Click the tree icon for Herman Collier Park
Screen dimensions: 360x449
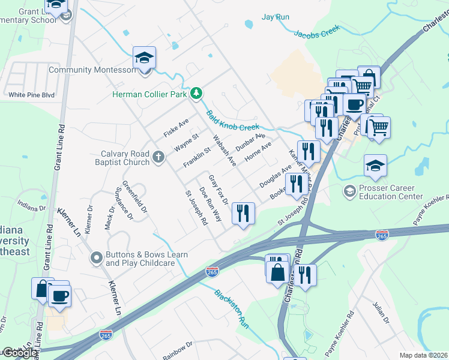(196, 94)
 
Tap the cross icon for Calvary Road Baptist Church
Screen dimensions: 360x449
(158, 157)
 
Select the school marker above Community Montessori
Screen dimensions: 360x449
(144, 58)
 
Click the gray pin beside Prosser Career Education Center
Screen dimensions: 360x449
(349, 191)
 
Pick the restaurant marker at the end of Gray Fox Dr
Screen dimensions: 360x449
(243, 213)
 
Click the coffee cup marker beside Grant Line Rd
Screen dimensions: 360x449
(59, 296)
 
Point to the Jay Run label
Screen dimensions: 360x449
(276, 17)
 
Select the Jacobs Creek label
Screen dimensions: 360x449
(317, 31)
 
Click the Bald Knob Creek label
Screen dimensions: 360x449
(233, 120)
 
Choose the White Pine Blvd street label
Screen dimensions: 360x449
(31, 95)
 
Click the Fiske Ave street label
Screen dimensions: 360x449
(176, 127)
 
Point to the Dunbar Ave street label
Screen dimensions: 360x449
(250, 142)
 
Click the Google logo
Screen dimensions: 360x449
(20, 353)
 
